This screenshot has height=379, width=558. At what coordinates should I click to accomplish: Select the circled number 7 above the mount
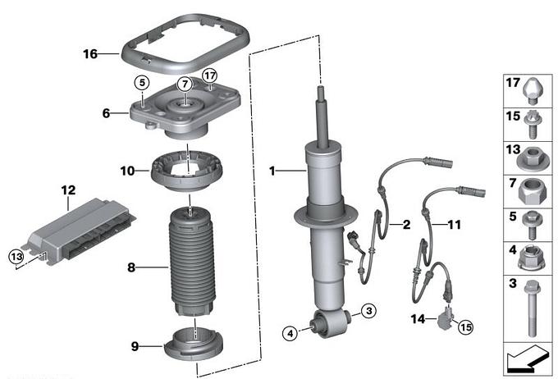click(185, 84)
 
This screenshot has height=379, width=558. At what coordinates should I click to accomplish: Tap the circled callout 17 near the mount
click(209, 75)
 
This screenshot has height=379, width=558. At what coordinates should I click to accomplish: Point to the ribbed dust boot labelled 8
click(192, 262)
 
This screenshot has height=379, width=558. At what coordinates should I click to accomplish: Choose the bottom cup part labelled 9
click(194, 347)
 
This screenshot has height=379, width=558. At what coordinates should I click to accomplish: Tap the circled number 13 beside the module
click(16, 257)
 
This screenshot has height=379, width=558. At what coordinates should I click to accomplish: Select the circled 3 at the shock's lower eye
click(369, 311)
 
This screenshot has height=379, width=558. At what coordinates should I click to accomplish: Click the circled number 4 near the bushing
click(290, 333)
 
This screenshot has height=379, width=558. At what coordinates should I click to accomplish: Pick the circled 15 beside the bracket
click(466, 326)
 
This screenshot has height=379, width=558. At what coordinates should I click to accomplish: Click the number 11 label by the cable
click(454, 225)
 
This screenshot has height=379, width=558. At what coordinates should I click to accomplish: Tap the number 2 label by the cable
click(406, 225)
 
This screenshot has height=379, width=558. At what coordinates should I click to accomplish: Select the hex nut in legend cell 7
click(532, 191)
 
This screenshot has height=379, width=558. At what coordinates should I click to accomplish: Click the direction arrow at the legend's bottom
click(528, 358)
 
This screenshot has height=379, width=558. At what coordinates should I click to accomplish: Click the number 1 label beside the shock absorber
click(272, 171)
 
